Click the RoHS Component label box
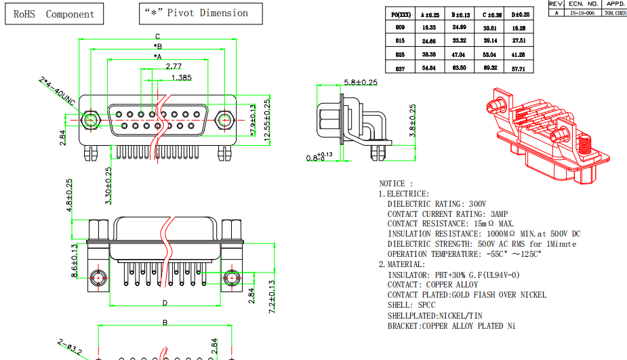54,14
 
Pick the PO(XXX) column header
400,14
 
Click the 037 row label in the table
400,68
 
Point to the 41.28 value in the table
519,54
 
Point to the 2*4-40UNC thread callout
58,92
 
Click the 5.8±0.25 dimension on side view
361,82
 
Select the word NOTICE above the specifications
392,184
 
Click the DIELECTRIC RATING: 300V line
437,203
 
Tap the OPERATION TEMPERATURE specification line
464,254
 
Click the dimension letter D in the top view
165,302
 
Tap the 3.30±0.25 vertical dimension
108,184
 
